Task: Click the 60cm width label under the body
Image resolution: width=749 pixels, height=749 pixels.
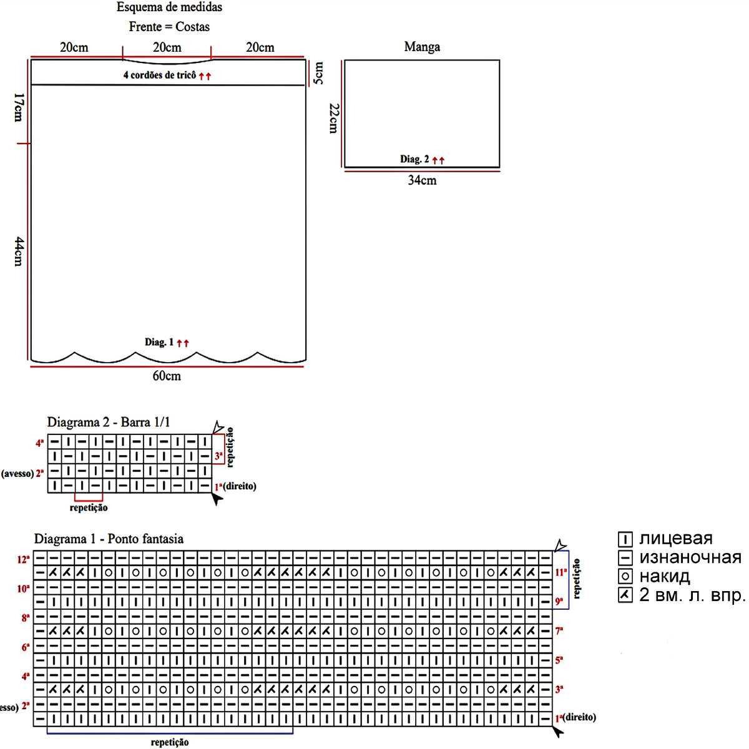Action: pyautogui.click(x=167, y=376)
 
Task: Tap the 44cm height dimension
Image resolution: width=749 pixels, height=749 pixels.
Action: pyautogui.click(x=19, y=251)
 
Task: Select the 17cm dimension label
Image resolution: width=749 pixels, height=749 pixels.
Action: pyautogui.click(x=19, y=107)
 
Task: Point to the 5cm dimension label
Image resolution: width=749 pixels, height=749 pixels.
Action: pyautogui.click(x=318, y=73)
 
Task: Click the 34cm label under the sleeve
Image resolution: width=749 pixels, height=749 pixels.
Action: pyautogui.click(x=422, y=181)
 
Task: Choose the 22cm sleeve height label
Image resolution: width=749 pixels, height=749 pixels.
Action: pyautogui.click(x=333, y=118)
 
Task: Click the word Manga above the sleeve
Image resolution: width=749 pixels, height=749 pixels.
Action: pyautogui.click(x=422, y=47)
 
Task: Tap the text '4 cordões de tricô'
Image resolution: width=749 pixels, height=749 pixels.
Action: pyautogui.click(x=160, y=76)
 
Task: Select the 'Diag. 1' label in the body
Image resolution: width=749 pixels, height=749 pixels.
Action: pyautogui.click(x=159, y=342)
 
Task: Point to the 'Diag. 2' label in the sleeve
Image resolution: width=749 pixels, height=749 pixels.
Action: pyautogui.click(x=414, y=159)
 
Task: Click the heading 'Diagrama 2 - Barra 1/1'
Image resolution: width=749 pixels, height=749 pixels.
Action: pyautogui.click(x=109, y=423)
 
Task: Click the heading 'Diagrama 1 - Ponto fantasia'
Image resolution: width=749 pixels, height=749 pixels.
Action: pyautogui.click(x=109, y=539)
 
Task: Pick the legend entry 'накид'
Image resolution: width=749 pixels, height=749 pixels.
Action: pyautogui.click(x=664, y=576)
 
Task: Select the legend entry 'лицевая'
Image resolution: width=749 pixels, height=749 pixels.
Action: pyautogui.click(x=675, y=539)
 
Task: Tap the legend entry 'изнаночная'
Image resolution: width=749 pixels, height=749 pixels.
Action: pyautogui.click(x=690, y=557)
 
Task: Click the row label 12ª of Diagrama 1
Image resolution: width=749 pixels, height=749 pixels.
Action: pyautogui.click(x=24, y=559)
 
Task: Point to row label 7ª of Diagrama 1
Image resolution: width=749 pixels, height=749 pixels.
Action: pyautogui.click(x=559, y=631)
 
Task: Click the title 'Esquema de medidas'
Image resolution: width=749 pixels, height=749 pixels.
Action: pyautogui.click(x=169, y=7)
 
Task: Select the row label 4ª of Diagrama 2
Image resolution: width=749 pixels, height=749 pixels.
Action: pyautogui.click(x=40, y=443)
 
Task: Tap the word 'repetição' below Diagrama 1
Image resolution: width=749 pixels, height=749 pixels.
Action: pyautogui.click(x=170, y=742)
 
